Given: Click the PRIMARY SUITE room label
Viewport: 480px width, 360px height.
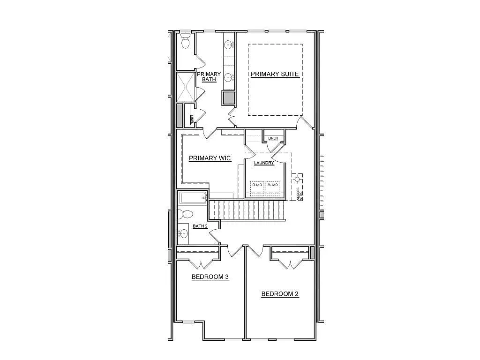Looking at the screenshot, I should [275, 74].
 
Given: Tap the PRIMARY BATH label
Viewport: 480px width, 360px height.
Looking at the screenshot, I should [209, 77].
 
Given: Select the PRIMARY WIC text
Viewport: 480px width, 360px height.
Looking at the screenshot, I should [210, 158].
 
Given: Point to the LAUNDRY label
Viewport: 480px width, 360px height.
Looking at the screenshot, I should [264, 163].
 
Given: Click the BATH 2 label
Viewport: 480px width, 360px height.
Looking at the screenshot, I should [200, 226].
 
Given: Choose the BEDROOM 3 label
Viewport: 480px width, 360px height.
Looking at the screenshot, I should [210, 277].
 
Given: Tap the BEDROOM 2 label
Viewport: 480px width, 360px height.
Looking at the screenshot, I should [280, 294].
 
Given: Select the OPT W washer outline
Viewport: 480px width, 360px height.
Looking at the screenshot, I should [273, 186].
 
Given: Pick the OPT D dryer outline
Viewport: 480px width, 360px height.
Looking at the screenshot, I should [257, 186].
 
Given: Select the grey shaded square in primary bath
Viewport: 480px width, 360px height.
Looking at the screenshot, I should [228, 98].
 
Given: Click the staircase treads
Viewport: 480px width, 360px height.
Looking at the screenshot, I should [247, 210].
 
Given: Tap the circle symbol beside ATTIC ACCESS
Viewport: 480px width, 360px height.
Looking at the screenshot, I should [296, 179].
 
